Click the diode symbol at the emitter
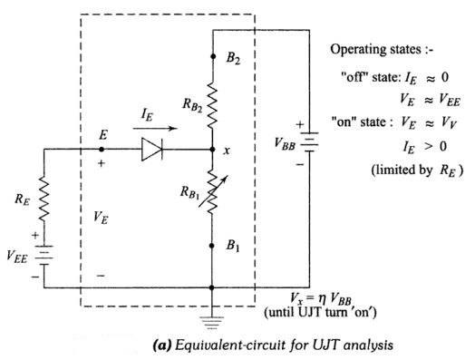(x=151, y=149)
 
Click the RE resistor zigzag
(x=44, y=198)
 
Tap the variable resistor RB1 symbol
(x=213, y=191)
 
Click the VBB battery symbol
(x=309, y=142)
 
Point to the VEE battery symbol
(x=44, y=255)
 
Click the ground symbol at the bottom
(x=212, y=323)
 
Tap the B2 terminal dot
(x=213, y=56)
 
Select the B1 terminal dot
(x=212, y=246)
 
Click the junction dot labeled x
(x=213, y=150)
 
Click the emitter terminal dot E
(x=102, y=150)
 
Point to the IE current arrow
(x=155, y=128)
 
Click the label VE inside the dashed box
(x=101, y=217)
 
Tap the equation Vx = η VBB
(x=321, y=299)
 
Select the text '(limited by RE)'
(x=417, y=170)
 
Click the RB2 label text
(x=192, y=104)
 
